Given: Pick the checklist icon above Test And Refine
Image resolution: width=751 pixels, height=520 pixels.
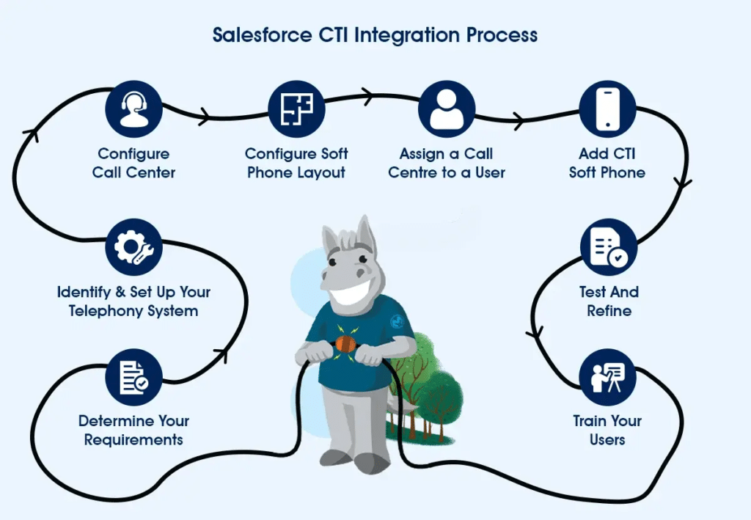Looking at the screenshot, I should [609, 247].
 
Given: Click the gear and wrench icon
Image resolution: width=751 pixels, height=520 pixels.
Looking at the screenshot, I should [133, 247].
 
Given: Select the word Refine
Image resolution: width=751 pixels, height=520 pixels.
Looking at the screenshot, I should [609, 311].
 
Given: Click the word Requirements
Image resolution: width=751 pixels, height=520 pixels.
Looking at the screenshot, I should [133, 440].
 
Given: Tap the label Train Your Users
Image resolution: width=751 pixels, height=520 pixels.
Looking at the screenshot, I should [607, 431].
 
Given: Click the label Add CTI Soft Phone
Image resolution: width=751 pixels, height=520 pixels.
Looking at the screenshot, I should [607, 164].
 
